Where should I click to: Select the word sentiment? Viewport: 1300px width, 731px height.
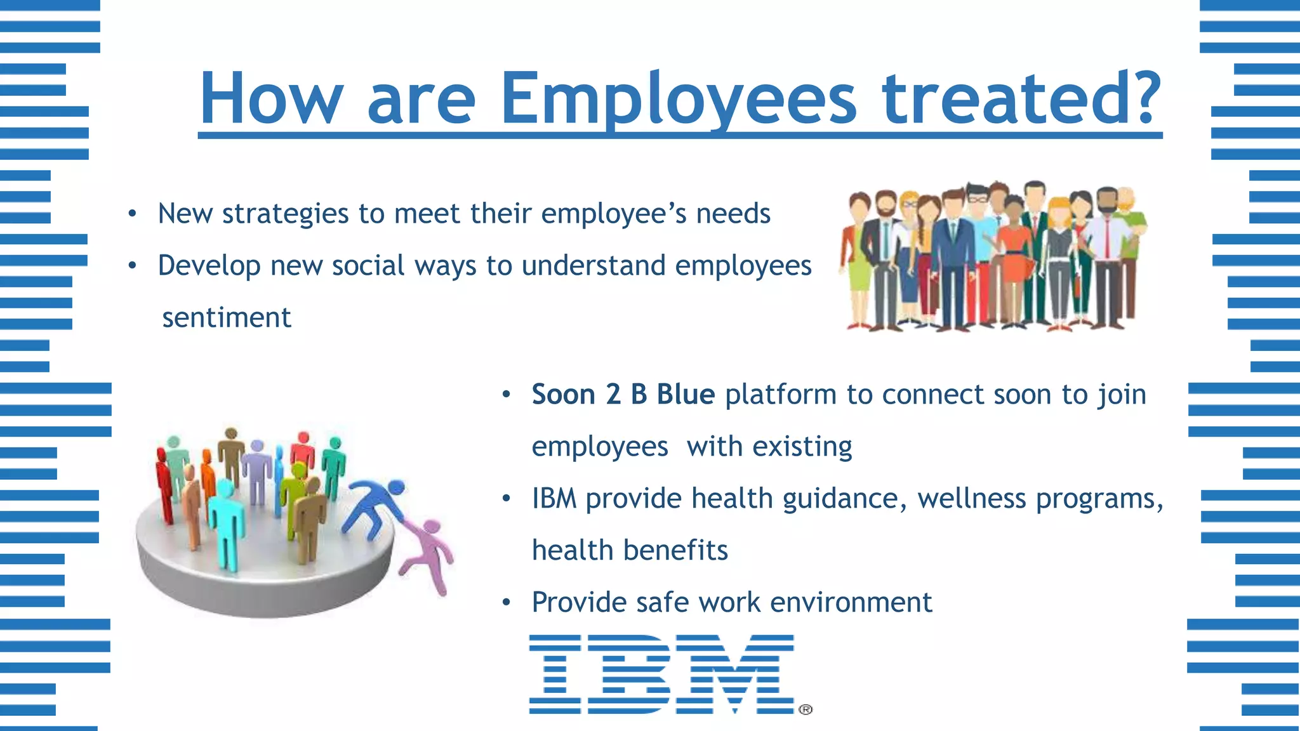226,317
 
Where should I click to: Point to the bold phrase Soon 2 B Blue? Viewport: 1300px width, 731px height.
623,395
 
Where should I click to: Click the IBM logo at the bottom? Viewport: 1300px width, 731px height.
661,674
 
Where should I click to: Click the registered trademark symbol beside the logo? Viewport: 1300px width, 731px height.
805,709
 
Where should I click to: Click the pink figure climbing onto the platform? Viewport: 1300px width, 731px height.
429,552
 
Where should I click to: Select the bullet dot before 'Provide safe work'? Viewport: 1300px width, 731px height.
506,603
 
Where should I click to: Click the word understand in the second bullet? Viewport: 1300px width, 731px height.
593,266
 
